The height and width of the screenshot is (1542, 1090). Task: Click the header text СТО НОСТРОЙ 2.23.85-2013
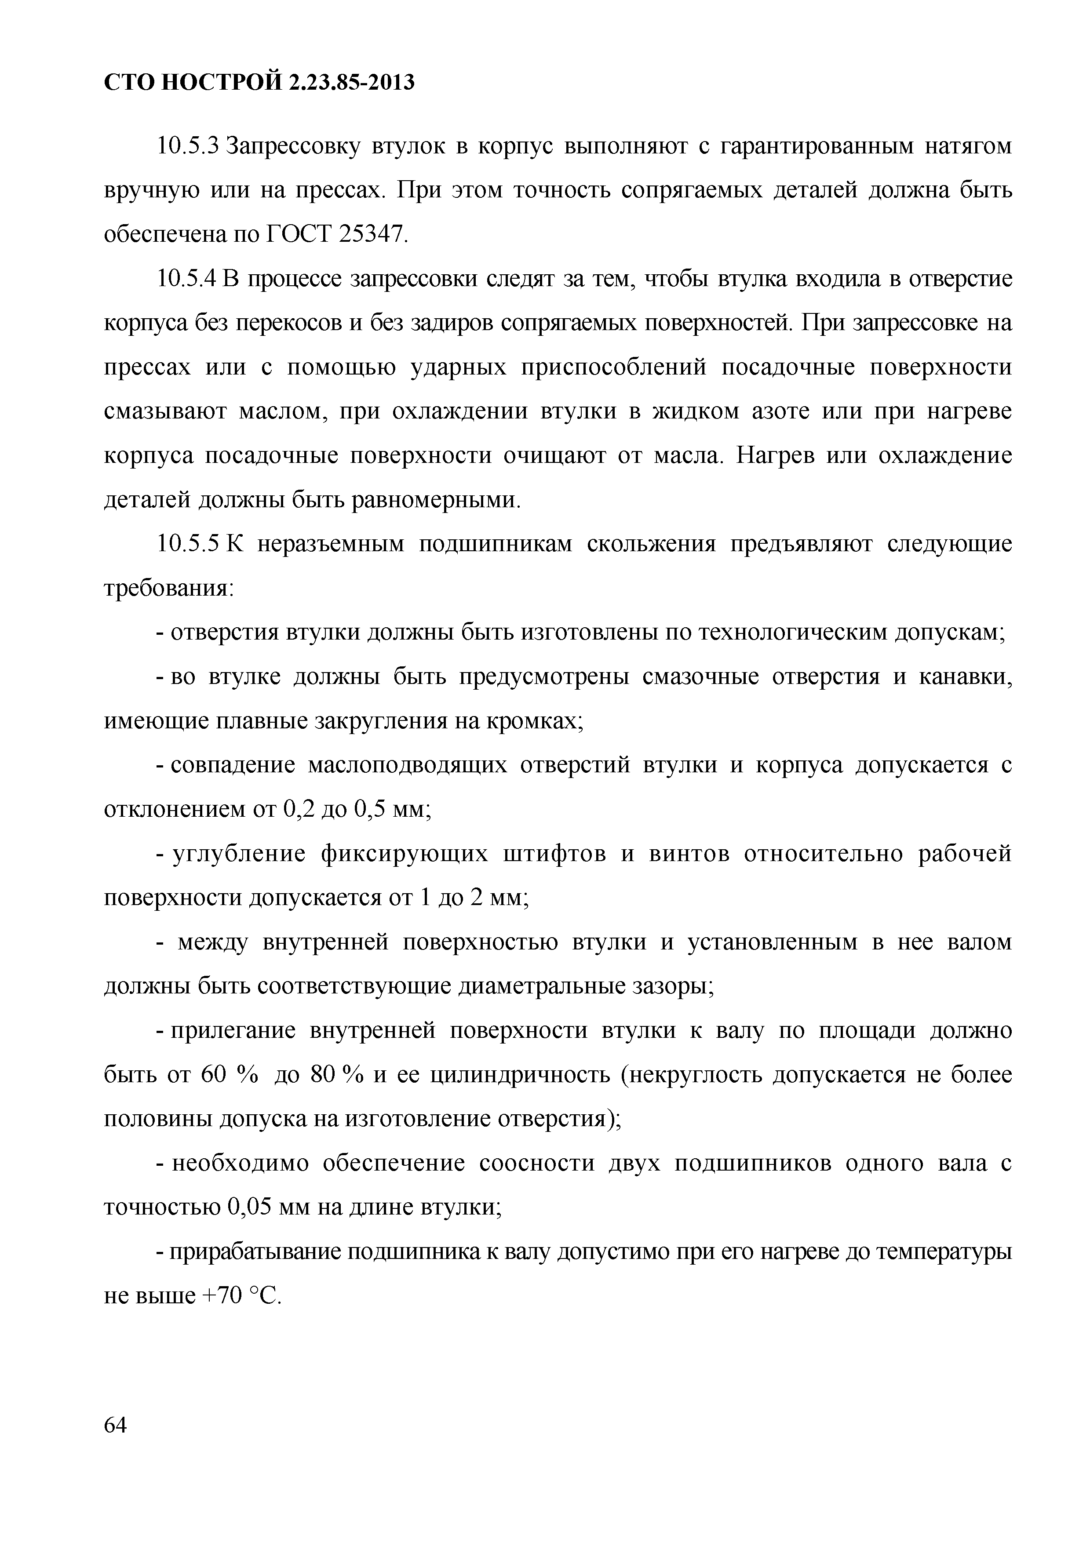tap(259, 83)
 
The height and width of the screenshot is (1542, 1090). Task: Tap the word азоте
tap(773, 412)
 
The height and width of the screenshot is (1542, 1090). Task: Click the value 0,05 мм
tap(269, 1209)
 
